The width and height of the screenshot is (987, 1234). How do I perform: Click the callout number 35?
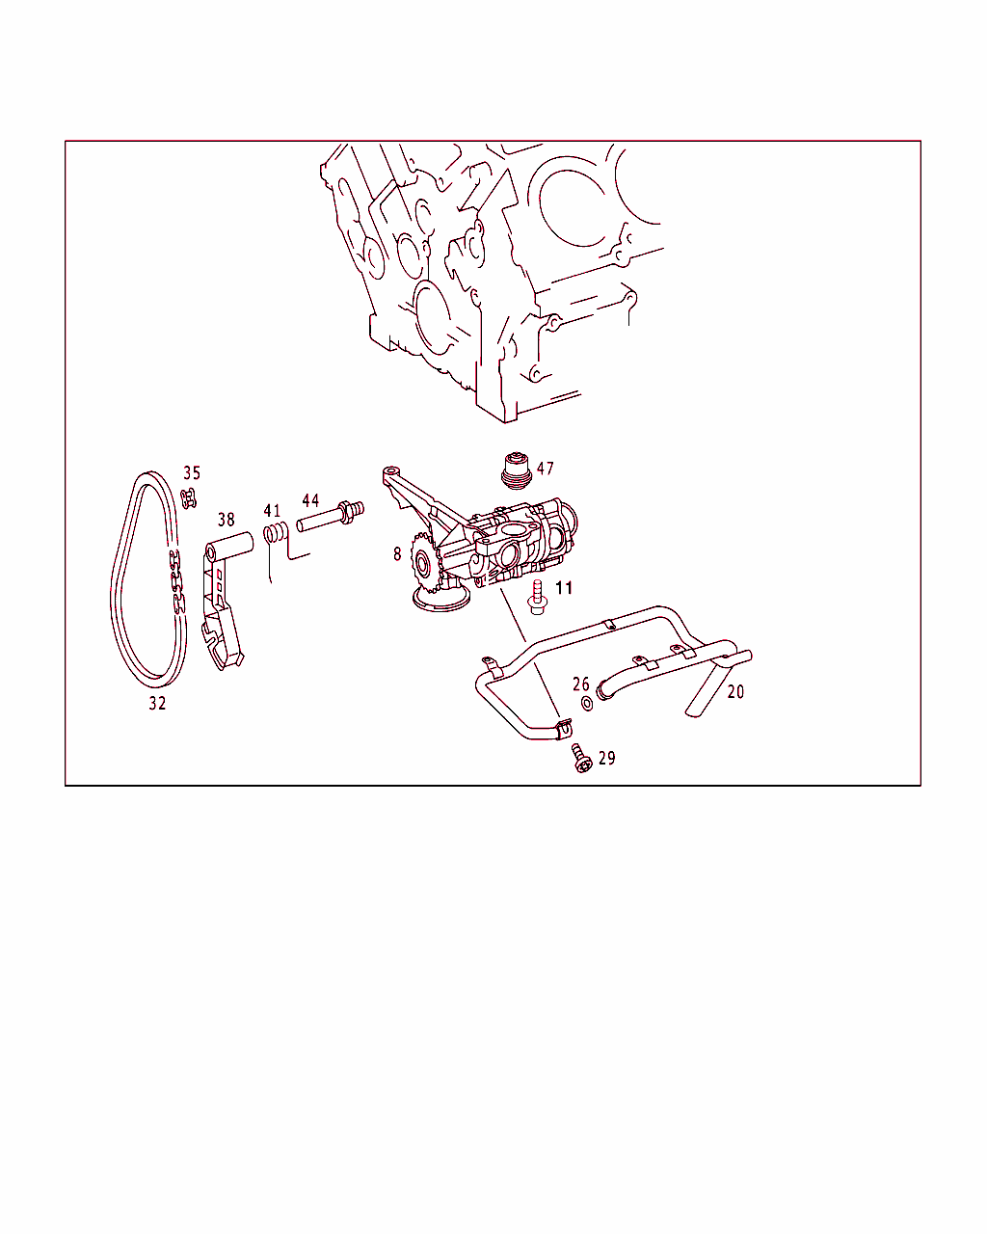pos(192,473)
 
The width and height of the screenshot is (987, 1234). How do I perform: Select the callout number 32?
pos(157,703)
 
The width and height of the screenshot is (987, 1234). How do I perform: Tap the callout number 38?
pos(226,520)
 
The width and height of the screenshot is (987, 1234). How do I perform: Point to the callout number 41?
pos(272,510)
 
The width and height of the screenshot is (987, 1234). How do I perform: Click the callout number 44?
pos(310,500)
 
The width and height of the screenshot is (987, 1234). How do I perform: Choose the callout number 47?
pos(545,469)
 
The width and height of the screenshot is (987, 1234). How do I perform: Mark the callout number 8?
pos(397,554)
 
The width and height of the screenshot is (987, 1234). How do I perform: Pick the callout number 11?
pos(564,588)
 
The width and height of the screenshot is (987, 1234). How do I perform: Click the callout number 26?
pos(581,684)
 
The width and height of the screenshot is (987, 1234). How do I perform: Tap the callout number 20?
pos(735,692)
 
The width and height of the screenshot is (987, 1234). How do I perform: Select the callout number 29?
pos(607,758)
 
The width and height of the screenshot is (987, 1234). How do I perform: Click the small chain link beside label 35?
pos(188,498)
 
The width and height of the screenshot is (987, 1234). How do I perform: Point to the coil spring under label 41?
pos(275,533)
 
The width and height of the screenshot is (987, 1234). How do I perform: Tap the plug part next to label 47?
pos(517,471)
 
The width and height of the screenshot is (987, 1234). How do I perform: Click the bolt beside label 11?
pos(538,598)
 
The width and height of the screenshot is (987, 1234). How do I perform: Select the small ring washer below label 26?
pos(587,703)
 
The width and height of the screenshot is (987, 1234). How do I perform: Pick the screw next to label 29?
pos(582,759)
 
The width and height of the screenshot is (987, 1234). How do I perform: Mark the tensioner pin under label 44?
pos(331,516)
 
